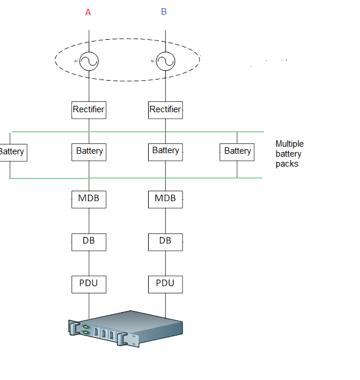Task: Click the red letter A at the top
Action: pyautogui.click(x=88, y=12)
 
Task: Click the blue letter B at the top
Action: pyautogui.click(x=164, y=11)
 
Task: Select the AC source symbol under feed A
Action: pyautogui.click(x=89, y=61)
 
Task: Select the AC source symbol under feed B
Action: pyautogui.click(x=166, y=61)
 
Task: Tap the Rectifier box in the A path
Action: pyautogui.click(x=89, y=110)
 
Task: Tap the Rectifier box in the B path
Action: pyautogui.click(x=166, y=110)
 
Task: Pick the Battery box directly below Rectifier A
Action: pyautogui.click(x=89, y=152)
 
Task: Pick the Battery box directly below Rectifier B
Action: pyautogui.click(x=166, y=152)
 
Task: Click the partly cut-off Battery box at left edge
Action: pyautogui.click(x=13, y=153)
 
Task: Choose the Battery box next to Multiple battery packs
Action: pyautogui.click(x=237, y=152)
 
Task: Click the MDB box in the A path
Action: pyautogui.click(x=89, y=199)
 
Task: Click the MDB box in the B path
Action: pyautogui.click(x=166, y=199)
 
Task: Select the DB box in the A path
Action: pyautogui.click(x=89, y=242)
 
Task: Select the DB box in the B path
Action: pyautogui.click(x=166, y=242)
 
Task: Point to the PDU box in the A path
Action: pyautogui.click(x=89, y=284)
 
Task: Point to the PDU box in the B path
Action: pyautogui.click(x=166, y=284)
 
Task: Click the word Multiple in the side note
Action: pyautogui.click(x=290, y=144)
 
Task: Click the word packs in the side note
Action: pyautogui.click(x=287, y=164)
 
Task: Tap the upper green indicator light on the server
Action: pyautogui.click(x=85, y=327)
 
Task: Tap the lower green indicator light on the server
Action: pyautogui.click(x=85, y=333)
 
